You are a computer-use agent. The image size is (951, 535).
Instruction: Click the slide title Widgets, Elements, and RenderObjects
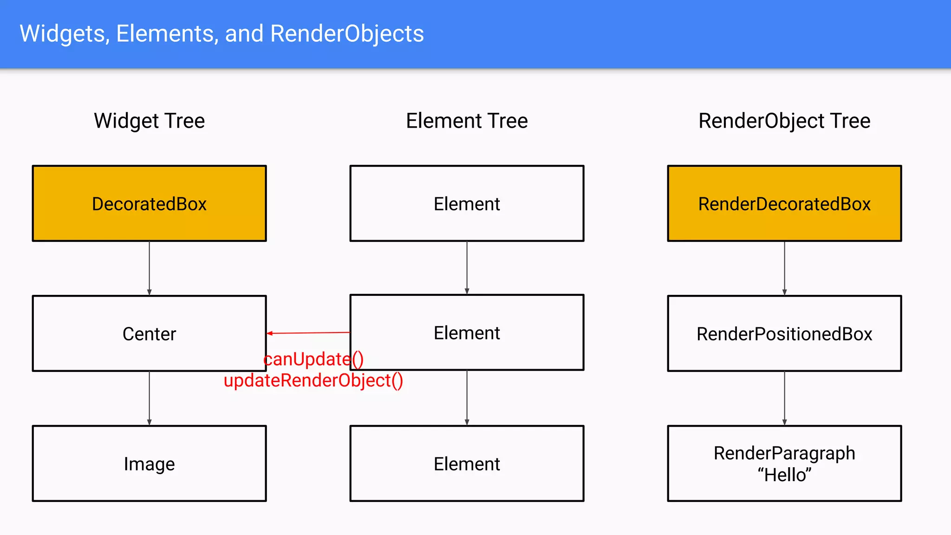point(221,33)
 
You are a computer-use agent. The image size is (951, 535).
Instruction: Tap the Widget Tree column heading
point(149,121)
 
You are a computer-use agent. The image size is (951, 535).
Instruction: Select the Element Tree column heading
point(467,121)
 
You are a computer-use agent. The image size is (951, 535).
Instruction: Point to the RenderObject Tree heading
point(784,121)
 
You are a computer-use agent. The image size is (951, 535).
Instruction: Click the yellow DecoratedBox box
point(149,203)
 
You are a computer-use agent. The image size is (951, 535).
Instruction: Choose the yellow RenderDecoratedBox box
point(784,203)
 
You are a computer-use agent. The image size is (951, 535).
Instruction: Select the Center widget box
point(149,333)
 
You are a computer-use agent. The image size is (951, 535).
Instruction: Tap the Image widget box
point(149,463)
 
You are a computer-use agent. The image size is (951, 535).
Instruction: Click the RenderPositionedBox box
point(784,333)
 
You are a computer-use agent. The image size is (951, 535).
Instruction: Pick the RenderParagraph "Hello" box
point(784,463)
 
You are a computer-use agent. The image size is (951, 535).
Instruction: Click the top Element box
point(467,203)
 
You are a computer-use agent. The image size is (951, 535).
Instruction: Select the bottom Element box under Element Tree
point(467,463)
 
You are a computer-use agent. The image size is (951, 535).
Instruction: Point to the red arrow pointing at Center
point(308,333)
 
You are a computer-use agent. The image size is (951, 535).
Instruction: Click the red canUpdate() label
point(313,359)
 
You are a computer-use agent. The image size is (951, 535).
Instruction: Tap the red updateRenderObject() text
point(313,380)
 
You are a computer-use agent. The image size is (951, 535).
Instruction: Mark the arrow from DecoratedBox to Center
point(149,268)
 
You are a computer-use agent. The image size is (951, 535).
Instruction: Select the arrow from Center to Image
point(149,398)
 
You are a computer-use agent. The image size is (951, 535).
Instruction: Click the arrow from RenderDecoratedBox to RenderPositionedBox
point(784,268)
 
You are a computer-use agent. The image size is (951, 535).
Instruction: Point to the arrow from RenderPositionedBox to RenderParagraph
point(784,398)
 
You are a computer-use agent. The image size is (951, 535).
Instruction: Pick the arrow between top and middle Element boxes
point(467,268)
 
